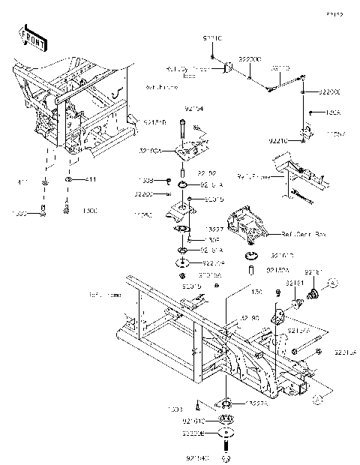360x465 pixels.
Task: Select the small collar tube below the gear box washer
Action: click(253, 268)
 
